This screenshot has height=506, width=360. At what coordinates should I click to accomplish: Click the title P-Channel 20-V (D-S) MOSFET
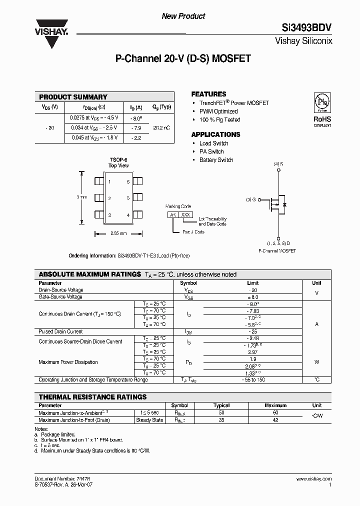click(x=183, y=58)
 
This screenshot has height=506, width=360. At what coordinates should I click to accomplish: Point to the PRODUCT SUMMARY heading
click(x=73, y=97)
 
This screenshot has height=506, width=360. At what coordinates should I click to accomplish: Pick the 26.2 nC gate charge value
click(x=161, y=127)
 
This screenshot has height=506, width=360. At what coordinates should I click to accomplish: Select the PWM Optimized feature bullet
click(x=218, y=111)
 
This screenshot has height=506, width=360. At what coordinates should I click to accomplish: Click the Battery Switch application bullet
click(x=216, y=160)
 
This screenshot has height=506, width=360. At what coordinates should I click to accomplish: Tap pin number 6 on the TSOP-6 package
click(x=128, y=182)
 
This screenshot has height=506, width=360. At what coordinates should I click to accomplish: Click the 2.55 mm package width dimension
click(x=118, y=233)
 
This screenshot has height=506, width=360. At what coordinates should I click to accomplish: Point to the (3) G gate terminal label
click(x=250, y=199)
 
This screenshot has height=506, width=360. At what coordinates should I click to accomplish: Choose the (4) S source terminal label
click(x=278, y=164)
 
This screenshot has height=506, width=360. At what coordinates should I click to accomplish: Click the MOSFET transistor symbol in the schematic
click(x=275, y=203)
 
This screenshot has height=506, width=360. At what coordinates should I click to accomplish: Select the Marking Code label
click(x=178, y=206)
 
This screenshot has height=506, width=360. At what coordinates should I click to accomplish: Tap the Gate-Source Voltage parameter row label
click(x=60, y=297)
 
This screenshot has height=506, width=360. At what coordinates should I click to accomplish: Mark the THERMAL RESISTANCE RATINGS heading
click(x=92, y=397)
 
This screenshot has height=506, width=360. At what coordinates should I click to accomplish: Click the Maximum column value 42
click(x=275, y=420)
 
